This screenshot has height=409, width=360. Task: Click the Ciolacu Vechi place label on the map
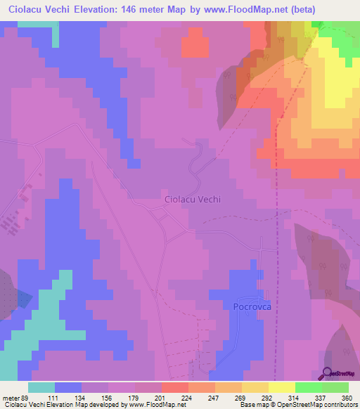click(193, 199)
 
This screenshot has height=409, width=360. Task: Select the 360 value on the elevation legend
click(345, 398)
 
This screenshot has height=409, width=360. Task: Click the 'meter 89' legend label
click(15, 398)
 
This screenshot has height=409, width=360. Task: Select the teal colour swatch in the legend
click(41, 387)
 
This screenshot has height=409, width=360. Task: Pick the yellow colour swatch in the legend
click(281, 387)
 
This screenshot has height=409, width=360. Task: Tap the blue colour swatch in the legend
click(68, 387)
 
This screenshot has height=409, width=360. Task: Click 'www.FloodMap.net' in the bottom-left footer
click(153, 405)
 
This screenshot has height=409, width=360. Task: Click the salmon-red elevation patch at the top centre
click(195, 45)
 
